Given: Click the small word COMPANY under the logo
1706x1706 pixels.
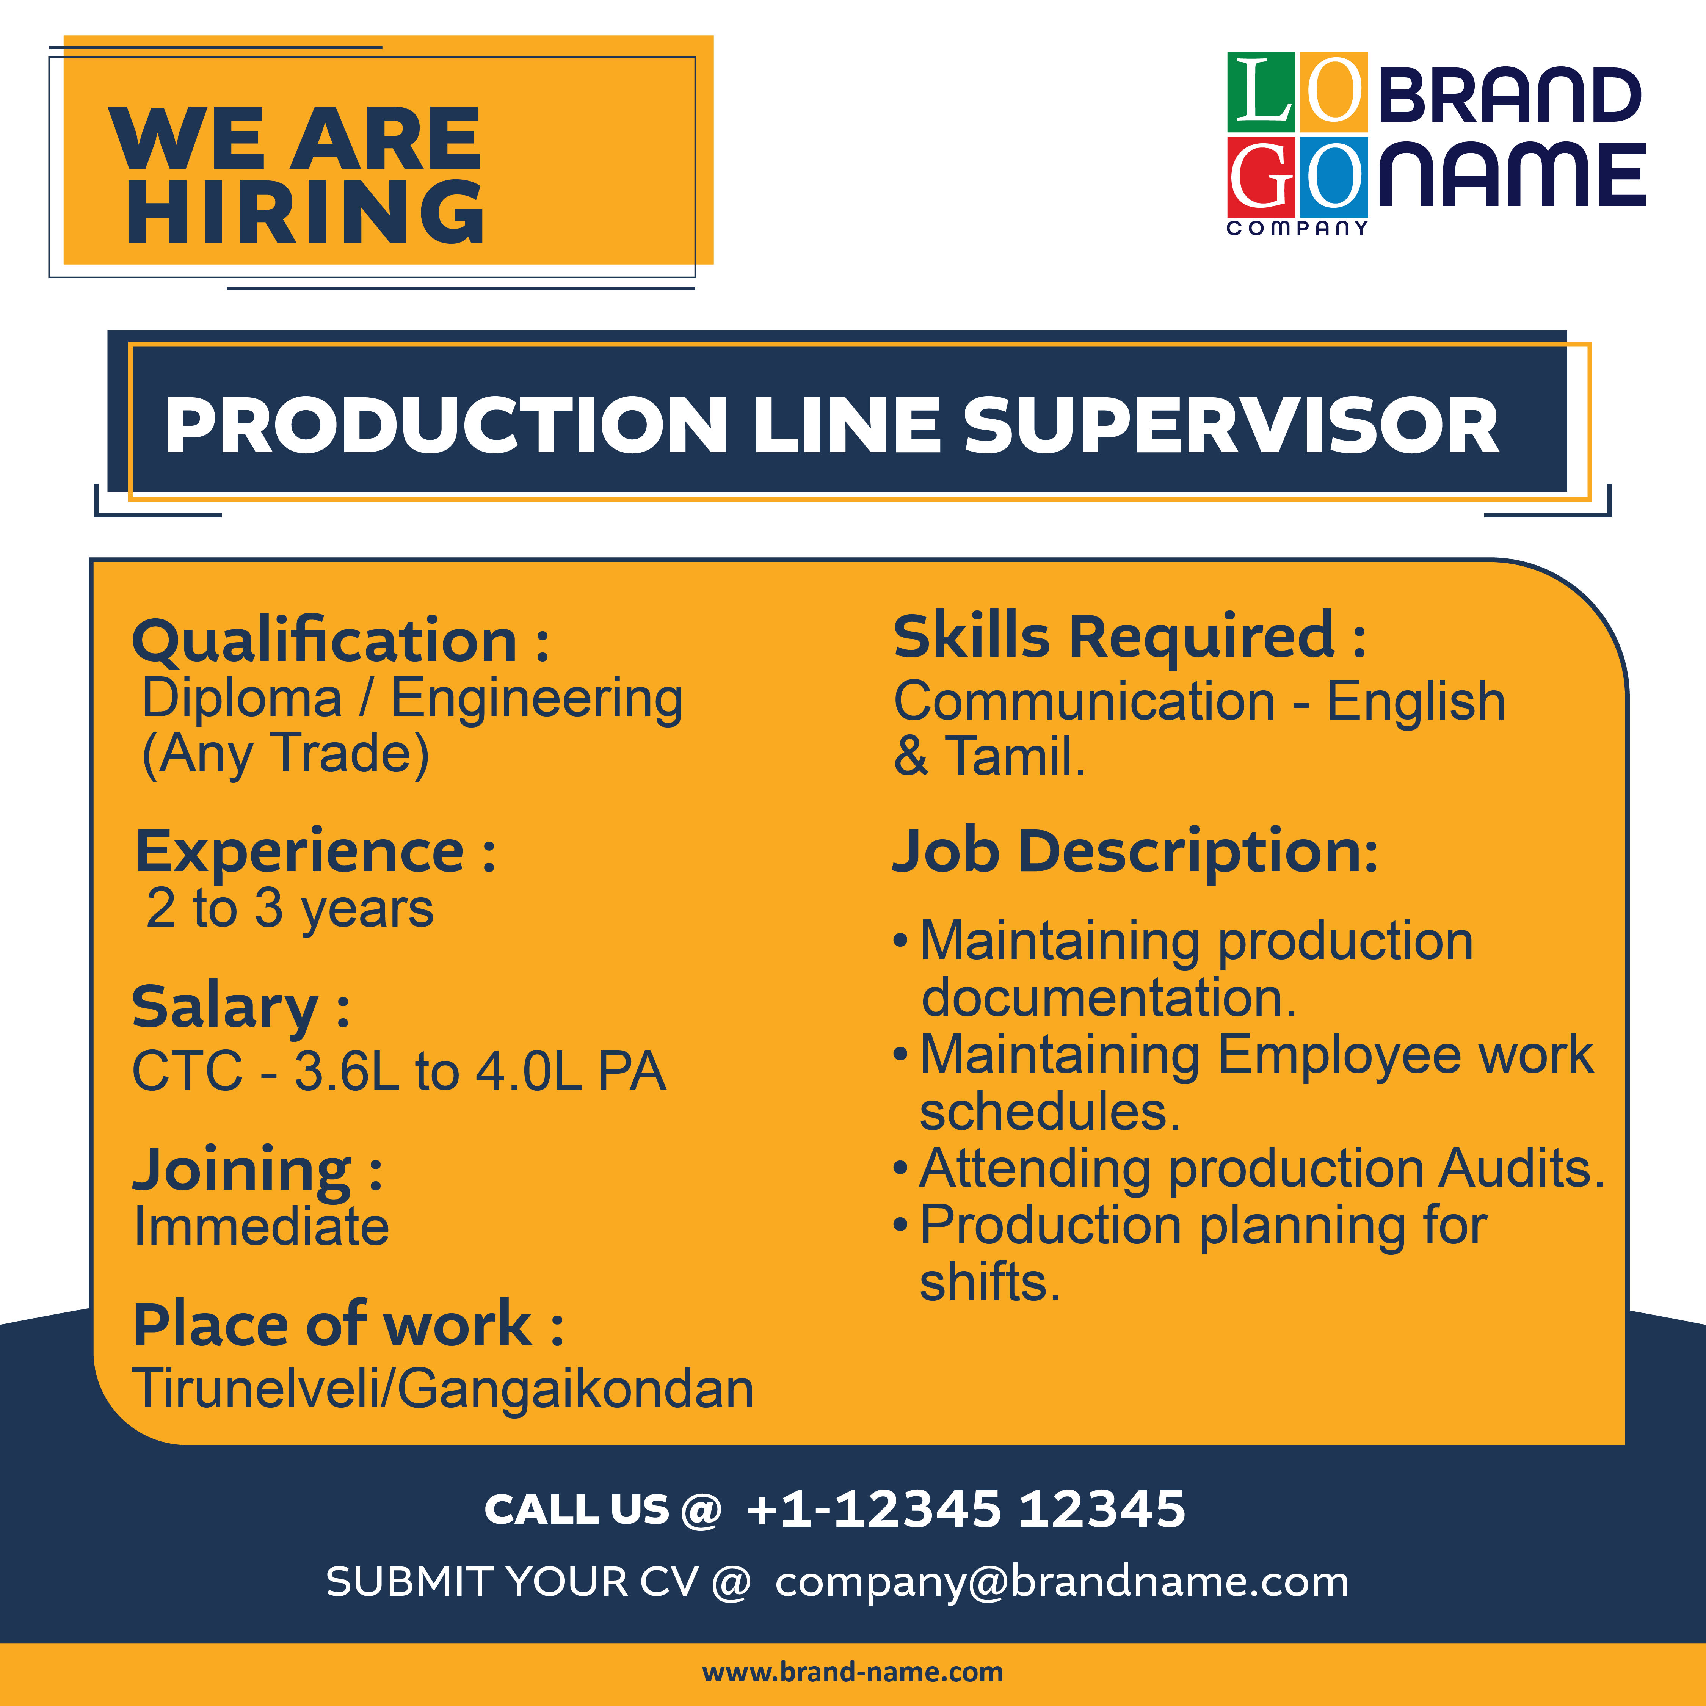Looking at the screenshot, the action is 1297,228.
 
